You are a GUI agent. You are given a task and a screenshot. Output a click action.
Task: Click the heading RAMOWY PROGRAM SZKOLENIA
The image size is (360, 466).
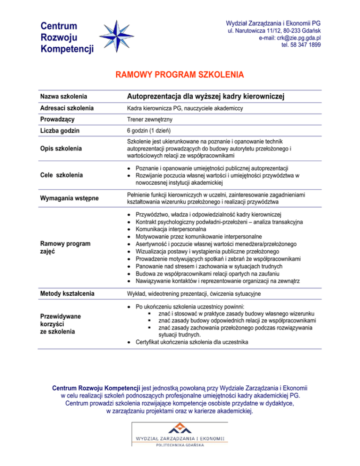(x=180, y=75)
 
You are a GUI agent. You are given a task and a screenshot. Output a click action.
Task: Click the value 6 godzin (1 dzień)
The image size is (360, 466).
(x=149, y=130)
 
